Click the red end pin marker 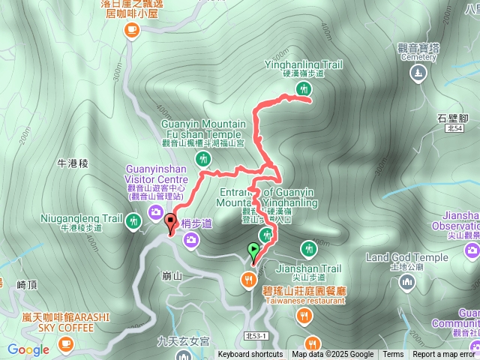[x=170, y=223]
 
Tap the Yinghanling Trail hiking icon [x=304, y=89]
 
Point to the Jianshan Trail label [x=308, y=268]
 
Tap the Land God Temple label [x=406, y=257]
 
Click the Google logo [x=28, y=349]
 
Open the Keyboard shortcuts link [x=250, y=355]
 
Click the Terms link [x=393, y=355]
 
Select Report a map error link [x=444, y=355]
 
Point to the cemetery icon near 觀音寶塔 [x=418, y=73]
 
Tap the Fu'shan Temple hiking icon [x=202, y=158]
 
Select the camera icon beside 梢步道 [x=192, y=239]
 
